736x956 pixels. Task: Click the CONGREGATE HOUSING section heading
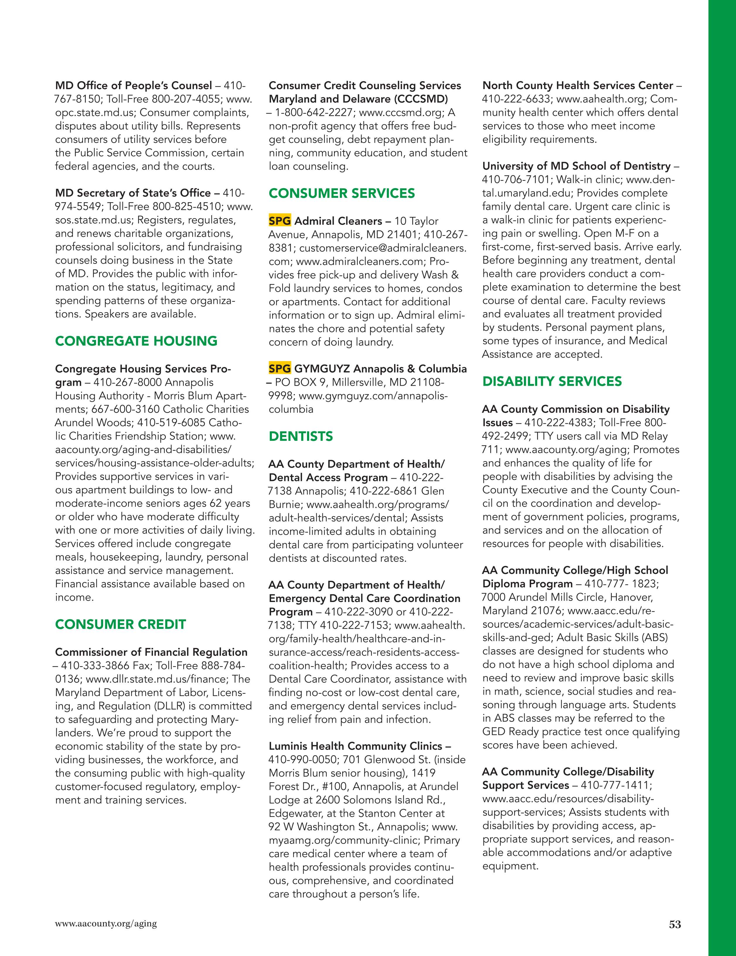coord(136,341)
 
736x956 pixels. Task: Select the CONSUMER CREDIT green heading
coord(120,624)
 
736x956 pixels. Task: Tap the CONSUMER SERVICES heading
coord(342,193)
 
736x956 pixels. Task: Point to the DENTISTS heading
coord(301,436)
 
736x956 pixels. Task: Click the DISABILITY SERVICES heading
coord(552,381)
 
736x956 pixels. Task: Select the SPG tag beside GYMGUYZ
coord(280,369)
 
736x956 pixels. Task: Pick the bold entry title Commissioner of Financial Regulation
coord(151,652)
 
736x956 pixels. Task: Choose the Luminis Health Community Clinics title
coord(355,746)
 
